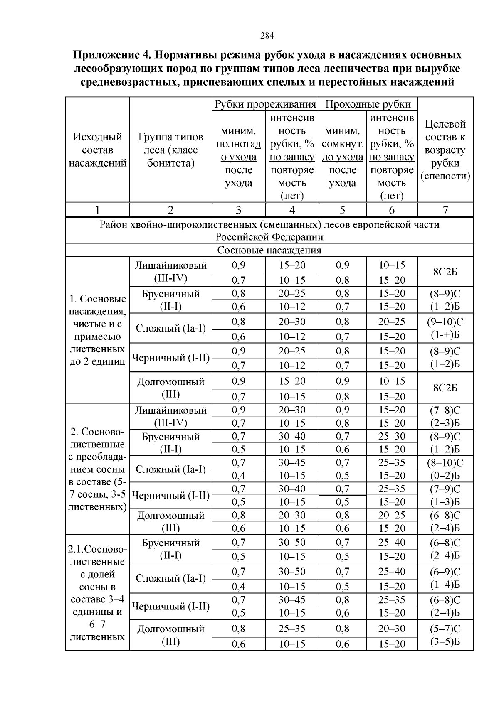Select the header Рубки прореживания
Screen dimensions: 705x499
point(265,104)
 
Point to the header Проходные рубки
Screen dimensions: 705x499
point(368,104)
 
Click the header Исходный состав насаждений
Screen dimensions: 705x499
point(97,150)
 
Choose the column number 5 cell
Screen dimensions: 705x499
point(342,210)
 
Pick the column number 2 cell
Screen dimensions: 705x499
point(170,210)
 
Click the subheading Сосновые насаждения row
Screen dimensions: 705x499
point(269,250)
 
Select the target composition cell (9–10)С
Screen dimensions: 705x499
point(445,322)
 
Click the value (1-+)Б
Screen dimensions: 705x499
point(445,335)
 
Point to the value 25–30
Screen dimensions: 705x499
point(391,436)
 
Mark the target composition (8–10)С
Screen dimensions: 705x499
point(445,463)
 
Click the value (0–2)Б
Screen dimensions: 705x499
point(445,476)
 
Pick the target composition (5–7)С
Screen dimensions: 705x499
point(445,629)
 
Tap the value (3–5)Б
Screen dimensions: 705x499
point(445,642)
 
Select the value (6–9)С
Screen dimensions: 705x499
point(445,572)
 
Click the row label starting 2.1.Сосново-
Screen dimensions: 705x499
point(97,549)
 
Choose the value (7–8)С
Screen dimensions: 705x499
point(445,410)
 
